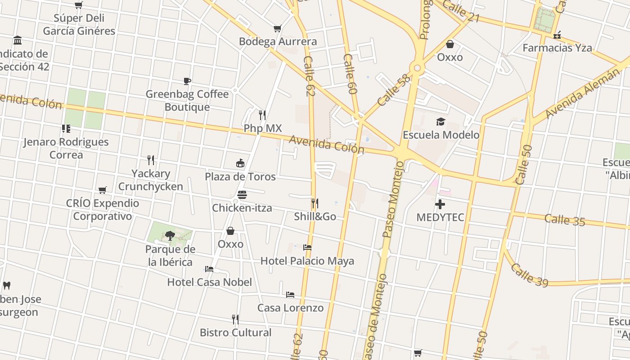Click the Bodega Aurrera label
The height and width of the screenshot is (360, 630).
point(278,41)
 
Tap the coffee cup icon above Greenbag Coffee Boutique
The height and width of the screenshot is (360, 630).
point(187,81)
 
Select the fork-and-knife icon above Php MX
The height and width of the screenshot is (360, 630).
point(262,115)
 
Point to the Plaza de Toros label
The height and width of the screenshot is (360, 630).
point(240,176)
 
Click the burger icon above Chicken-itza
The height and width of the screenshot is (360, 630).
point(242,195)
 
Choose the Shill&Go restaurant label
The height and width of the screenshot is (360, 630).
point(315,216)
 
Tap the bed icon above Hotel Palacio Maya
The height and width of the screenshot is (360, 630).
point(307,247)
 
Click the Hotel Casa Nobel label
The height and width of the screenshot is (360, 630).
point(210,282)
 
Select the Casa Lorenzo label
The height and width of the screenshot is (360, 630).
point(290,308)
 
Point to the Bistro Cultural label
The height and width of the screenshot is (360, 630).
point(235,333)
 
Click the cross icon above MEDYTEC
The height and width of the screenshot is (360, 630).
point(440,205)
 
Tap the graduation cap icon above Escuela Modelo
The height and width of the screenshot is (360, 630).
point(441,121)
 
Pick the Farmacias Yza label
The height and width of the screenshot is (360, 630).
point(557,48)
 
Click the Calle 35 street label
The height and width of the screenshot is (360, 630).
point(565,220)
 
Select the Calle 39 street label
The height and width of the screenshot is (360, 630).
point(529,275)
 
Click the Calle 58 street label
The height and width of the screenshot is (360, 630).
point(394,90)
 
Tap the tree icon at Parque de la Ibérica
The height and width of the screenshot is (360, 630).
point(170,235)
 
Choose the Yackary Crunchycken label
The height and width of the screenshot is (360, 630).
point(150,180)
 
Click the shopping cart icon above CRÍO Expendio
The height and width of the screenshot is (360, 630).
point(103,190)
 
